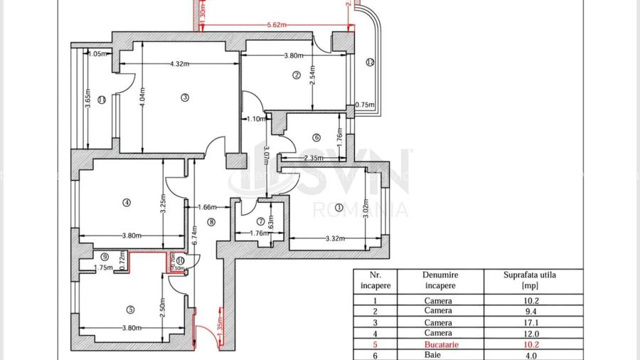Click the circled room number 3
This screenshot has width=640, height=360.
[184, 97]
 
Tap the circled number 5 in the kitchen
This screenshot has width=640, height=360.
[130, 309]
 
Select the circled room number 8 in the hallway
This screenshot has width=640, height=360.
[210, 222]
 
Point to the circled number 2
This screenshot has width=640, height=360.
[297, 75]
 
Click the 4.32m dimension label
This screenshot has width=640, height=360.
[179, 64]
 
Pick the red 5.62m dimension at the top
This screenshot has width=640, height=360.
[277, 25]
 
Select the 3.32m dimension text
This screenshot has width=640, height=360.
[334, 239]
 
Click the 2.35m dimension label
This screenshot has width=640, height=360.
[313, 158]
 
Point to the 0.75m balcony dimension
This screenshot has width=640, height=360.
[364, 105]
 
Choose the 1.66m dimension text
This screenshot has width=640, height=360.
[206, 207]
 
